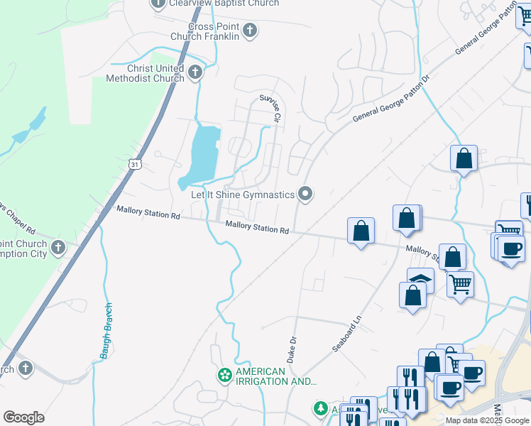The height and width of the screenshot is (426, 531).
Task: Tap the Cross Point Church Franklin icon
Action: pyautogui.click(x=249, y=31)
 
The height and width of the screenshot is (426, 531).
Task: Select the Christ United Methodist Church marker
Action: pyautogui.click(x=195, y=72)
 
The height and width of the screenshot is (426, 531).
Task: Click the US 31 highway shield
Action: pyautogui.click(x=134, y=164)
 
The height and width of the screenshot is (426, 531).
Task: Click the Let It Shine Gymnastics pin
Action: pyautogui.click(x=305, y=194)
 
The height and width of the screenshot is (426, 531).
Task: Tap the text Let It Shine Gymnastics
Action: pyautogui.click(x=243, y=195)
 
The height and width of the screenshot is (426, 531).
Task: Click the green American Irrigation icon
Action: pyautogui.click(x=225, y=375)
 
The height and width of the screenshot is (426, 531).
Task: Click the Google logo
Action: pyautogui.click(x=23, y=417)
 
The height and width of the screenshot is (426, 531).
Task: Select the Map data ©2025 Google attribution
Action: pyautogui.click(x=487, y=420)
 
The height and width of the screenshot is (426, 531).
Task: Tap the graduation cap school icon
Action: pyautogui.click(x=420, y=279)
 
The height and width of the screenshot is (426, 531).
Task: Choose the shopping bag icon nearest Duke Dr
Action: pyautogui.click(x=361, y=231)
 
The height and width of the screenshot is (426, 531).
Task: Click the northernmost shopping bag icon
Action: pyautogui.click(x=464, y=158)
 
